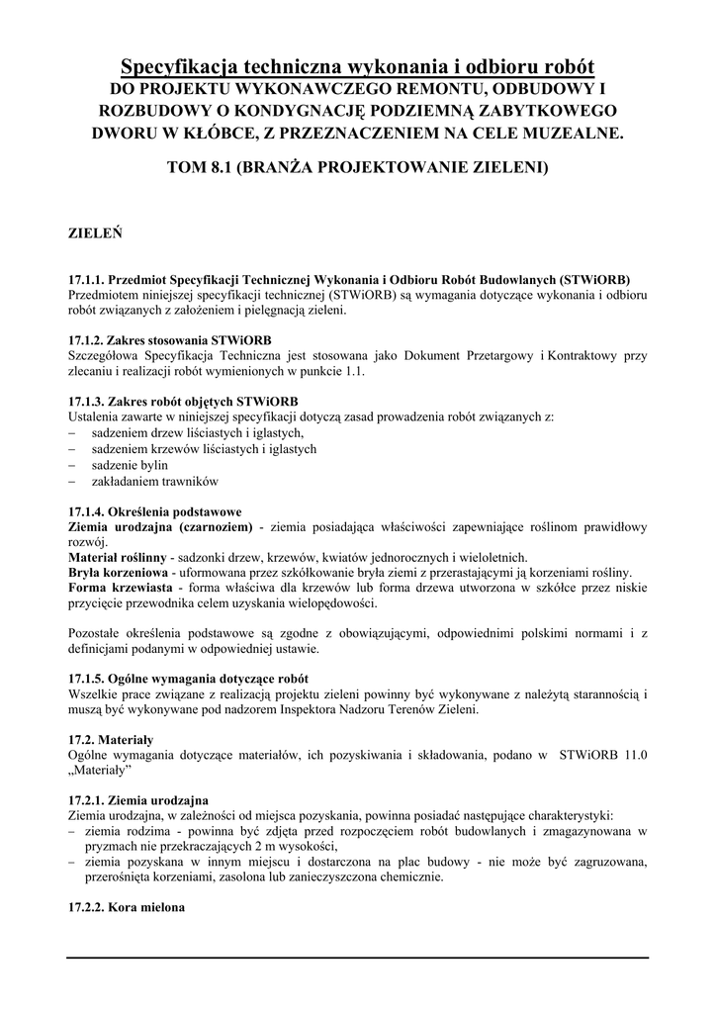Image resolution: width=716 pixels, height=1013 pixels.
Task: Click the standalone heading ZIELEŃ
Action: click(x=95, y=235)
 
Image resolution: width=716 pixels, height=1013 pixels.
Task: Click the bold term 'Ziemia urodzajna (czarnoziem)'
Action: click(x=160, y=526)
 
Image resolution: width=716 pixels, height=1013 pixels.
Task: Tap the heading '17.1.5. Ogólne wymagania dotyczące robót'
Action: click(x=188, y=679)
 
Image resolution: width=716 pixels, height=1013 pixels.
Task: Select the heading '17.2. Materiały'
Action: click(x=111, y=739)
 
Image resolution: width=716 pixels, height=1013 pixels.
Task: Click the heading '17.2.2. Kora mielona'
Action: click(x=127, y=907)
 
